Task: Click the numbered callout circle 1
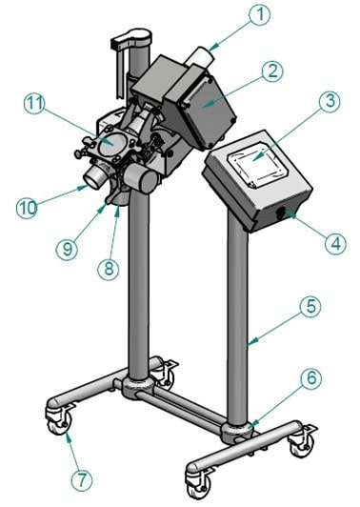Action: [x=260, y=14]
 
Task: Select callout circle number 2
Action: [x=272, y=71]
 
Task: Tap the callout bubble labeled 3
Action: [x=330, y=102]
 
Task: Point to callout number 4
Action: [x=335, y=244]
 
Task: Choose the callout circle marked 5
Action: [x=310, y=307]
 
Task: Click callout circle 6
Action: [x=311, y=378]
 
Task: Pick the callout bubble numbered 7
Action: [x=82, y=479]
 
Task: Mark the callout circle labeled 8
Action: [x=109, y=268]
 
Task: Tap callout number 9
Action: [x=67, y=249]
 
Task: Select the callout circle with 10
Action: [x=28, y=208]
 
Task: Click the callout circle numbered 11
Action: [x=34, y=104]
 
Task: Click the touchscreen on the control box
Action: [x=257, y=166]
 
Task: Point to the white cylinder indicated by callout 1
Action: [x=201, y=58]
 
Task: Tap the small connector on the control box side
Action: [x=281, y=213]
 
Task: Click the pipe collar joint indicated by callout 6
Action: [x=237, y=433]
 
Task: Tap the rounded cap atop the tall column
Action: [x=139, y=34]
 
